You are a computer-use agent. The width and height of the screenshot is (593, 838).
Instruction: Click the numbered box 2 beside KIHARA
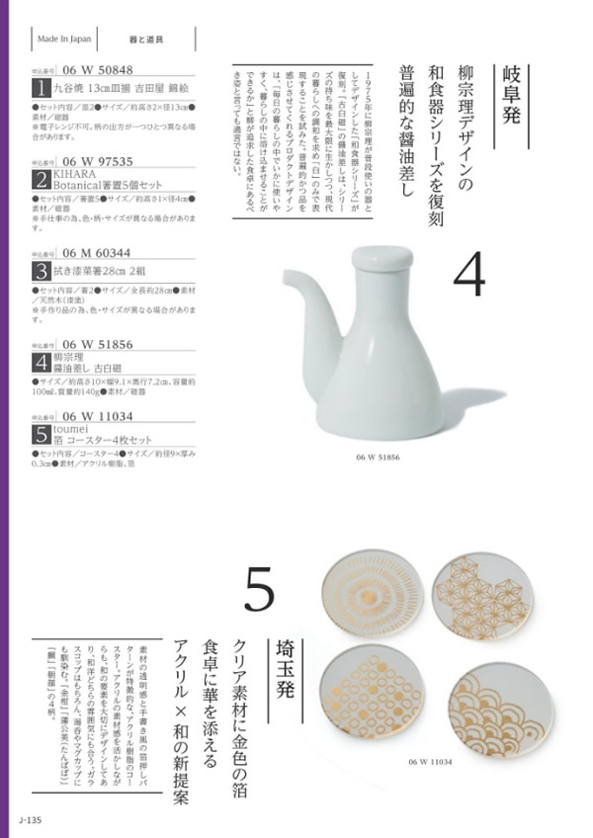point(42,178)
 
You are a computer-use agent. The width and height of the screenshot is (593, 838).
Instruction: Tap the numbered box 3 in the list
point(42,269)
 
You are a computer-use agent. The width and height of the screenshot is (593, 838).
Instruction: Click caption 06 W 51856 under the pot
point(379,460)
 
